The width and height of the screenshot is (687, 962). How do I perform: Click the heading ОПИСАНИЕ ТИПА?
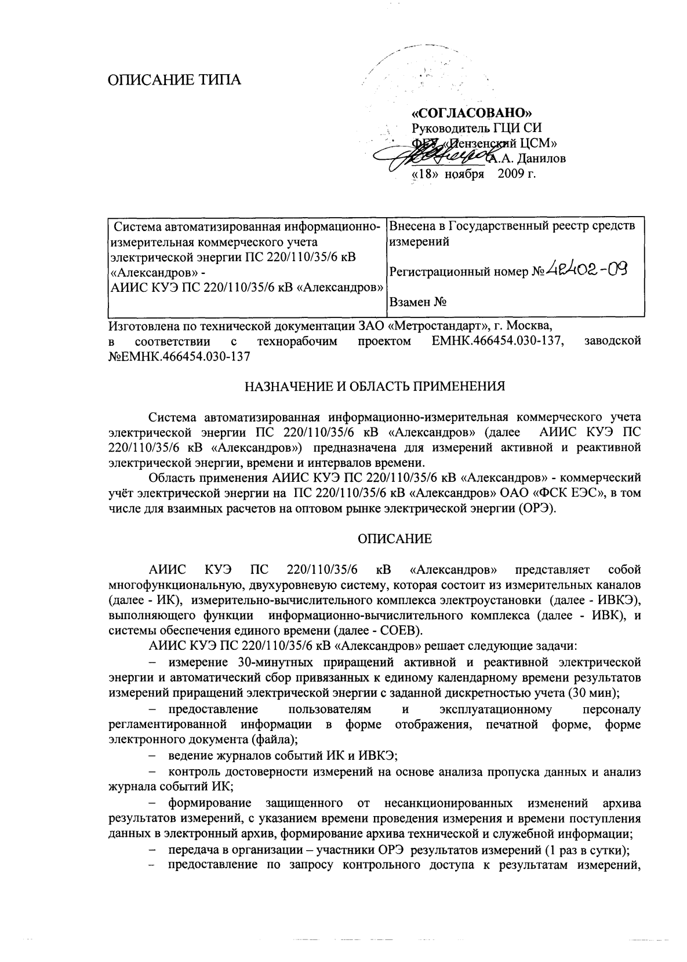175,79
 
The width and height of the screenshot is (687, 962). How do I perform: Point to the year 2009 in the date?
508,173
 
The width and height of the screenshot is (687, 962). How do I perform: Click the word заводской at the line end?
614,342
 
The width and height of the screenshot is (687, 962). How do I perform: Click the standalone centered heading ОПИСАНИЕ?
394,539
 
